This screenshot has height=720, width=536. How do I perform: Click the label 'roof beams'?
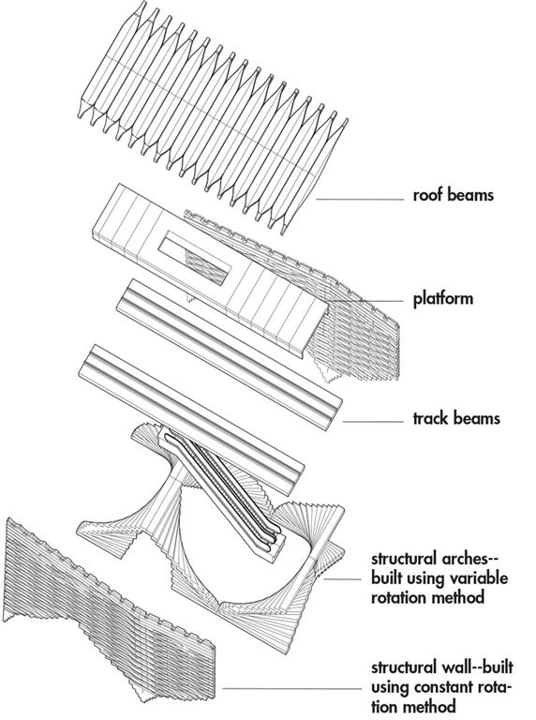454,195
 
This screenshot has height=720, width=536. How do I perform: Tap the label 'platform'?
443,299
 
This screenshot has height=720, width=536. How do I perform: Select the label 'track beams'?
456,418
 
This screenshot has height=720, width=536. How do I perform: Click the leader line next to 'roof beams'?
360,200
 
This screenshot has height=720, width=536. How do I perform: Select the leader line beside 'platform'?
366,301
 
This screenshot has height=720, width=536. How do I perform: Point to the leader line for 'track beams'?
373,422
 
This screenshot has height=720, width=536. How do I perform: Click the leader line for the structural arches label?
342,579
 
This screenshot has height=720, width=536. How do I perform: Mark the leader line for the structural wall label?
291,689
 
